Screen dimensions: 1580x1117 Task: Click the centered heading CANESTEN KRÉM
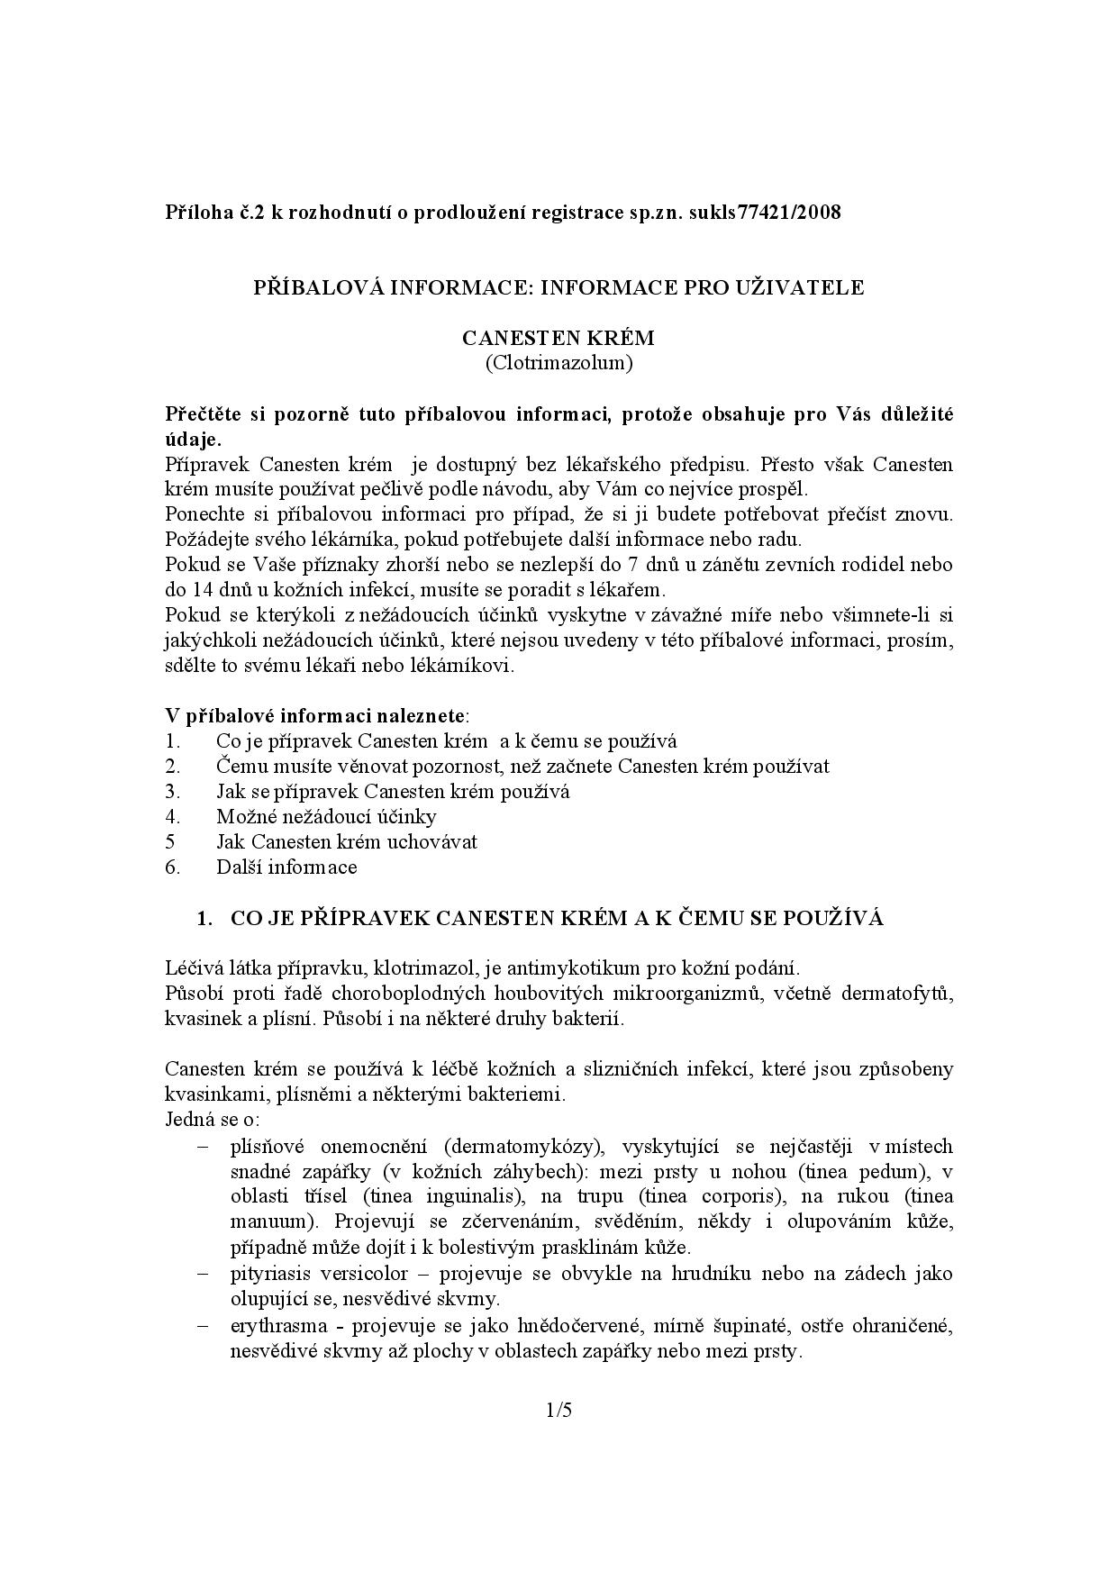tap(558, 338)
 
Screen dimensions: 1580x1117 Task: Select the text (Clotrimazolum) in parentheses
tap(558, 363)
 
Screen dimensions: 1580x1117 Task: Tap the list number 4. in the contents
tap(173, 817)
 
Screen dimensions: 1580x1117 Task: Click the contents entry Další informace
tap(286, 867)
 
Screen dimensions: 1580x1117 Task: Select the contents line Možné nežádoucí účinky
tap(326, 817)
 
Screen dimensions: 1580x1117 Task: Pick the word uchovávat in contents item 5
tap(435, 842)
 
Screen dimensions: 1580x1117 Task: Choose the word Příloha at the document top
tap(195, 213)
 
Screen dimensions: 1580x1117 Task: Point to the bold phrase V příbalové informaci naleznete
tap(315, 716)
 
